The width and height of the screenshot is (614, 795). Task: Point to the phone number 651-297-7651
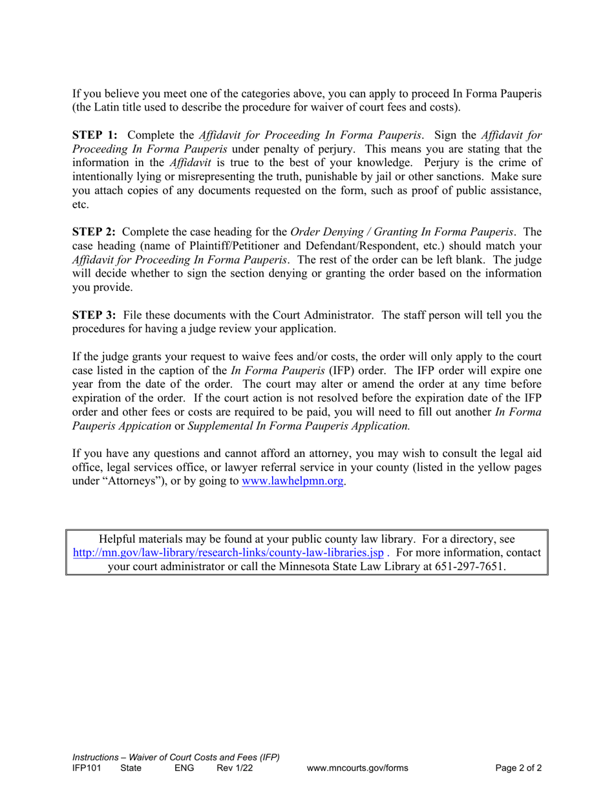(469, 567)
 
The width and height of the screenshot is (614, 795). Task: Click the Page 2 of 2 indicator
(518, 768)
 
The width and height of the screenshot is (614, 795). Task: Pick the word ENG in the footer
(184, 768)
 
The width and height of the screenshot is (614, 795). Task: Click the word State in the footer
(131, 768)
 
